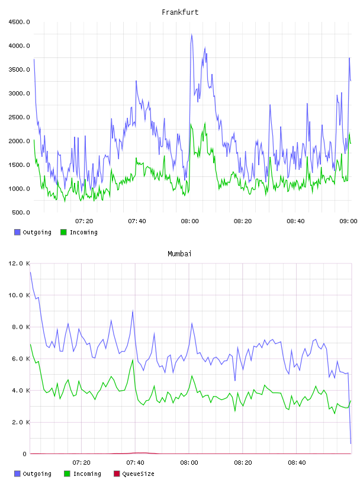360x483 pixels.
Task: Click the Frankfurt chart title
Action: [x=180, y=12]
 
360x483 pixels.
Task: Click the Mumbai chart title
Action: [x=179, y=254]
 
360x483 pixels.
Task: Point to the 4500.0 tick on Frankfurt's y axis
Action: [x=19, y=22]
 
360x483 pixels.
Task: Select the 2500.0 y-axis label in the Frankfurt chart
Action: [x=19, y=117]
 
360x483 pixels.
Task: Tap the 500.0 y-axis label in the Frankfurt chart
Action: [x=21, y=212]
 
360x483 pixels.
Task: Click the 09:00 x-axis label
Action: [x=348, y=221]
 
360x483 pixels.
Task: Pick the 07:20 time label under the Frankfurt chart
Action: [x=84, y=221]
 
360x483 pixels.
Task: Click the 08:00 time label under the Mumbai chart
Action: [x=189, y=462]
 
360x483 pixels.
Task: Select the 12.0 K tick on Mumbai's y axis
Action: [x=19, y=263]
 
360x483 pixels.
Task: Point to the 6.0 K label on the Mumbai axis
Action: [x=21, y=359]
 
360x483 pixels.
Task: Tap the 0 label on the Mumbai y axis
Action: [x=25, y=454]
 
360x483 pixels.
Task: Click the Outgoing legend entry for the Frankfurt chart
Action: [x=33, y=232]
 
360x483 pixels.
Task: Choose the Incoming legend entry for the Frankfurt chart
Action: [x=79, y=232]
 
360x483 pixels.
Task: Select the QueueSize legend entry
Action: [x=134, y=474]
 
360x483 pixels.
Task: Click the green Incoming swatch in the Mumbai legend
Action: [x=67, y=474]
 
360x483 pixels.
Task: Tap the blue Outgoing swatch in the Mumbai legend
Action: [x=17, y=474]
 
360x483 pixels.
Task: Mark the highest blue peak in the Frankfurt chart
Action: [x=191, y=34]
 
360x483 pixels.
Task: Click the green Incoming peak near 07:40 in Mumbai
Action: [x=133, y=359]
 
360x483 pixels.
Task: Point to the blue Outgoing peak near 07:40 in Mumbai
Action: [x=133, y=311]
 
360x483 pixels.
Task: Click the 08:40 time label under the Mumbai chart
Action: [x=297, y=462]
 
